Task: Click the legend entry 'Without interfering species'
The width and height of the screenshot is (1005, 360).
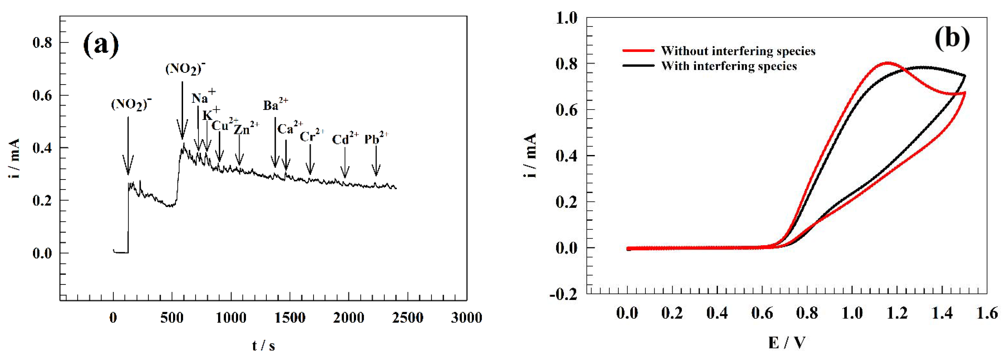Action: (x=738, y=51)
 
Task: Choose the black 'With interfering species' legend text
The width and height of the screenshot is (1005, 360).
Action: (x=728, y=66)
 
